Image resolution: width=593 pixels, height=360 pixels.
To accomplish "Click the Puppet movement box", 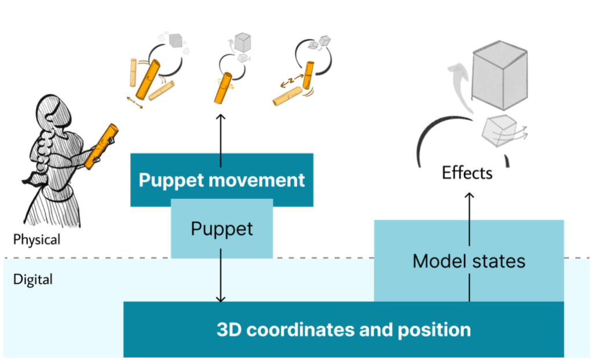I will (x=222, y=179).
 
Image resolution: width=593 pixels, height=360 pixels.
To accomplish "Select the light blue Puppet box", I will (x=222, y=229).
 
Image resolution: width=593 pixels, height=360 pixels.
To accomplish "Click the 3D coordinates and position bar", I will (x=343, y=330).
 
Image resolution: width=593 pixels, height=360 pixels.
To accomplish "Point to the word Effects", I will (x=467, y=172).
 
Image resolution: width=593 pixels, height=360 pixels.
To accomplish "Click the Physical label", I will (x=37, y=238).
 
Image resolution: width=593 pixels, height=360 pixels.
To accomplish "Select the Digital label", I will (x=33, y=280).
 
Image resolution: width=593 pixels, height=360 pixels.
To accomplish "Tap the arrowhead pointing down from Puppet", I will (x=220, y=298).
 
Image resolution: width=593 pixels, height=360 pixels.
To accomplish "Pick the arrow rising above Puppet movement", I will (x=221, y=133).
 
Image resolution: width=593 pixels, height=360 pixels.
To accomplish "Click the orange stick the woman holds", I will (x=101, y=146).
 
